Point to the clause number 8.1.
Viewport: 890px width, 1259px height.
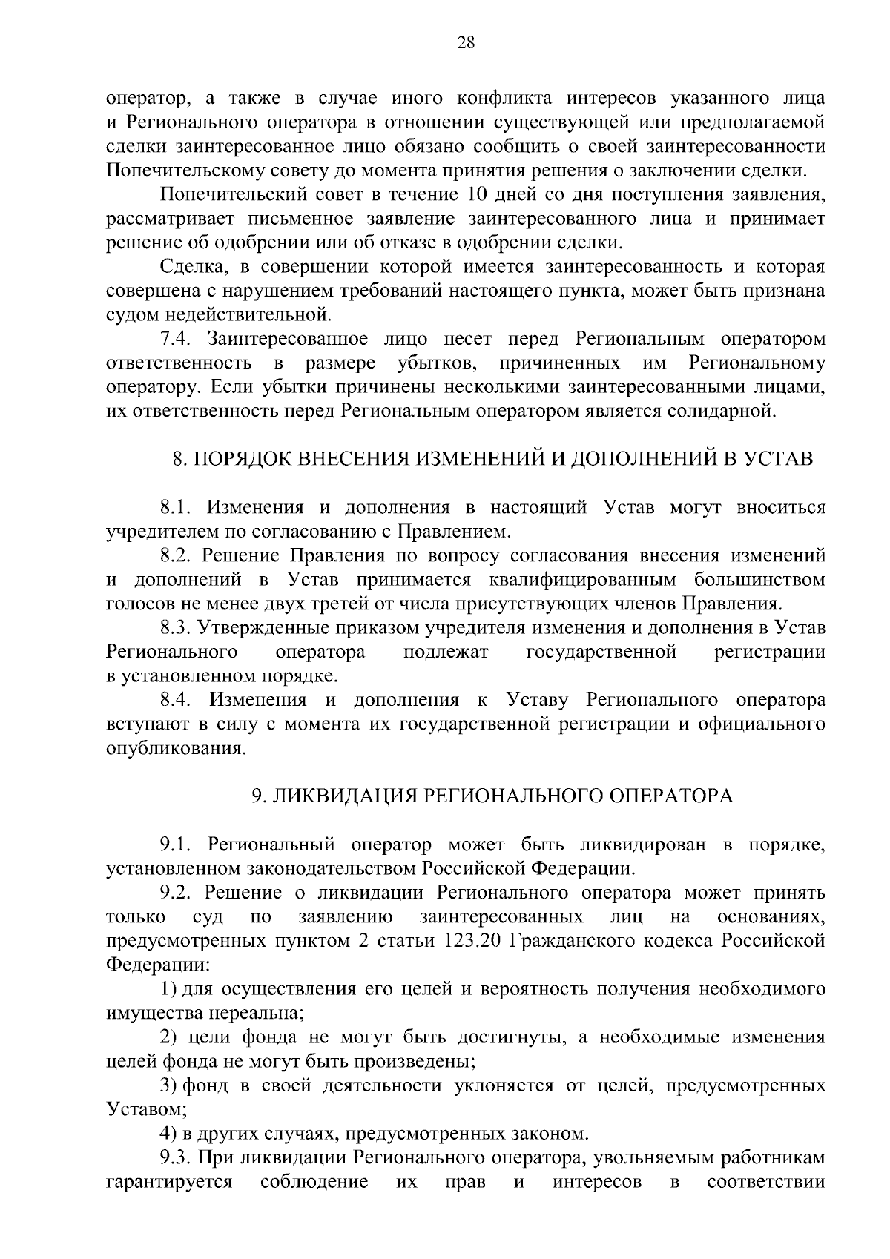178,508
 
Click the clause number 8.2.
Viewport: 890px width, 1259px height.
178,555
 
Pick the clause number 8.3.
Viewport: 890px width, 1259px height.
178,628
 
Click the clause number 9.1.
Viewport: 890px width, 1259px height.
178,845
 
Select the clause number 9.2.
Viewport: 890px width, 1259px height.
178,893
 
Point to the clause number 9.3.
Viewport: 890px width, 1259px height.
178,1157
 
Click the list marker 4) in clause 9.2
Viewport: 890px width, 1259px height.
168,1134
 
